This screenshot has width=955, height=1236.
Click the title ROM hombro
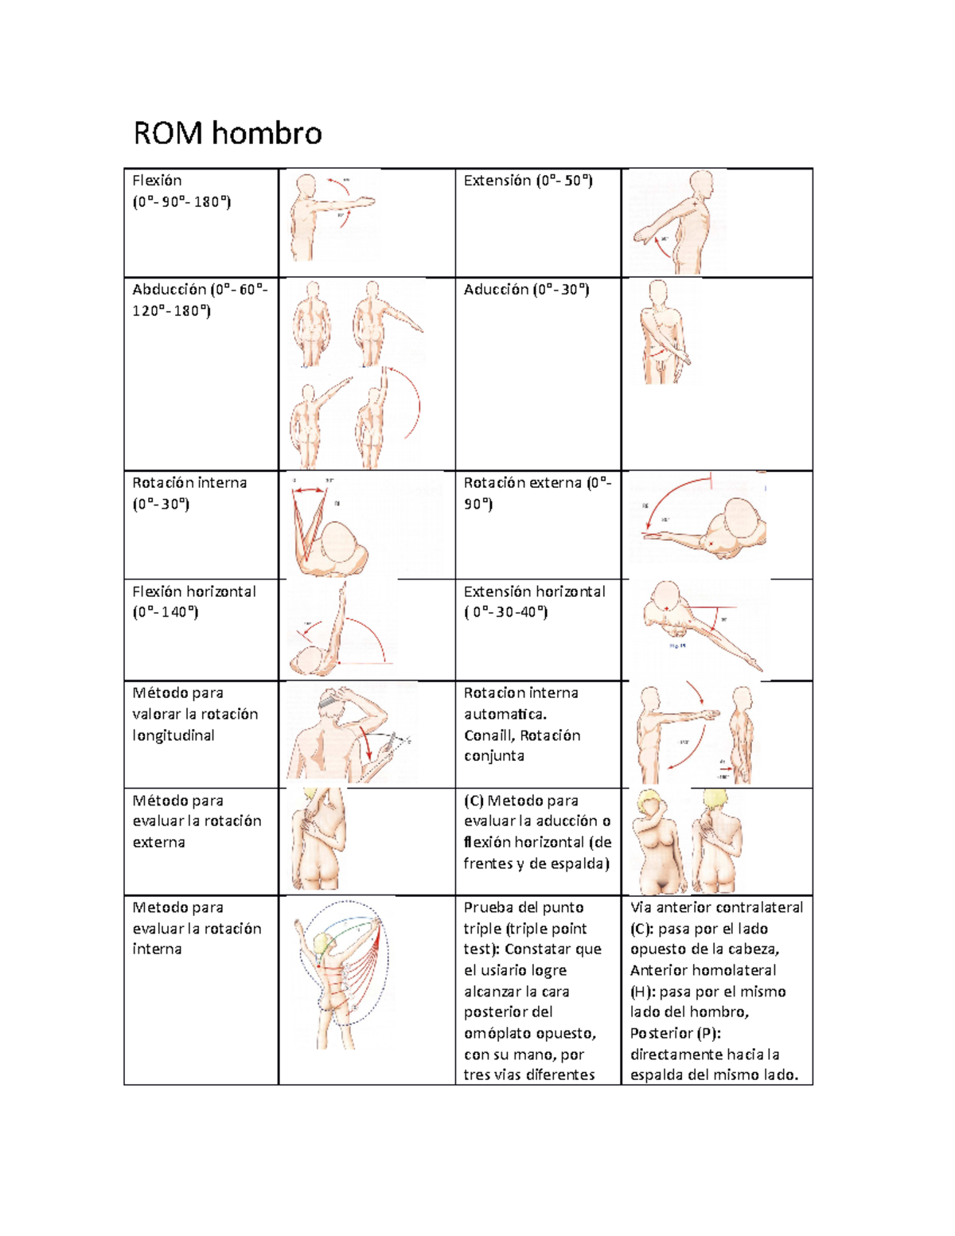227,133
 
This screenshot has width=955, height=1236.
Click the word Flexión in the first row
157,181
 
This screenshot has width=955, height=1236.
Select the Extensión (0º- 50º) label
528,181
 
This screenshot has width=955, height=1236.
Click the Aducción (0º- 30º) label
526,290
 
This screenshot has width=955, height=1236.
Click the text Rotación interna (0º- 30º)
189,493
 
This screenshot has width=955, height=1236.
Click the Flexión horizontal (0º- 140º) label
193,602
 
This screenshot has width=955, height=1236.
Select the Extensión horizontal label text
534,591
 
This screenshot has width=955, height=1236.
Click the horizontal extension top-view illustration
700,625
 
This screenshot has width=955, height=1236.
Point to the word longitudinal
173,735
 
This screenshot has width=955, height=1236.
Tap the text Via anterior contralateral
716,907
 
